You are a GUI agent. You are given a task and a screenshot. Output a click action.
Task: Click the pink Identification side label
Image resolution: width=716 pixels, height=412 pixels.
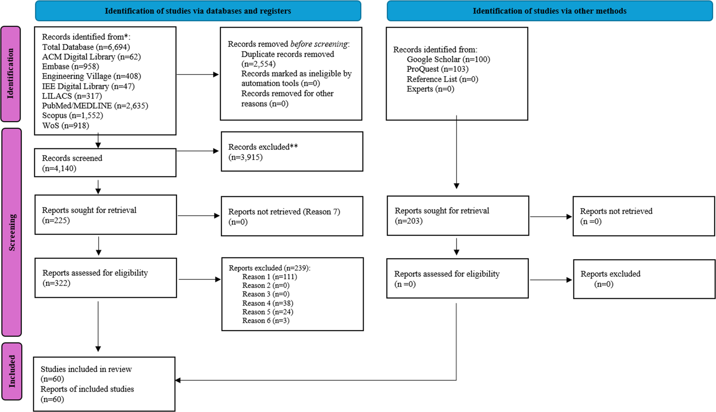[x=10, y=74]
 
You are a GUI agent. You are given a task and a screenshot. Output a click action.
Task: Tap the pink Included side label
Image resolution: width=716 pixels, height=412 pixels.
[x=12, y=371]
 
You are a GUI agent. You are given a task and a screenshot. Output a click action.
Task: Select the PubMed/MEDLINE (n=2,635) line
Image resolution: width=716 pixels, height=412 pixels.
[x=95, y=106]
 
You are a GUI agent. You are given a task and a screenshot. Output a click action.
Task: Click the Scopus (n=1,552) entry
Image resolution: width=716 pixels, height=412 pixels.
[x=72, y=115]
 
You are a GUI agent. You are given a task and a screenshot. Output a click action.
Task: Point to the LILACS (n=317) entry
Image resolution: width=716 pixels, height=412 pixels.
[x=72, y=96]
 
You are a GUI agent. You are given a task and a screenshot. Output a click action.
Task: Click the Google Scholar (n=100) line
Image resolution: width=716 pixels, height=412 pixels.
[x=448, y=59]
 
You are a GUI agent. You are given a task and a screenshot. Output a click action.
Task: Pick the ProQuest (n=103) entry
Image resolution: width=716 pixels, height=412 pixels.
[x=437, y=69]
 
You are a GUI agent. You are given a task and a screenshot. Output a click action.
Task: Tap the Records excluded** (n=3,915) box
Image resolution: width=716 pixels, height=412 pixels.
[x=292, y=152]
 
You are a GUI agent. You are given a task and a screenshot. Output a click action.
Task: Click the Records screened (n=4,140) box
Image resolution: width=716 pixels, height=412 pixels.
[x=105, y=163]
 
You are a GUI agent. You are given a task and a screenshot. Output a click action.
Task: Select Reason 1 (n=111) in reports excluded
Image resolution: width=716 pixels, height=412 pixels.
[x=270, y=277]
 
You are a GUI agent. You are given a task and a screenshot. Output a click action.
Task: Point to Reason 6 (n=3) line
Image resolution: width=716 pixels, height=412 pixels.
[x=266, y=321]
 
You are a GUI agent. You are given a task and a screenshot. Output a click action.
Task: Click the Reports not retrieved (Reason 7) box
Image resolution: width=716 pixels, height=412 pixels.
[x=292, y=216]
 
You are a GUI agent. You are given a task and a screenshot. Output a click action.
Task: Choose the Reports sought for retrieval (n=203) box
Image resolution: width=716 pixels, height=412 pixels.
[x=458, y=216]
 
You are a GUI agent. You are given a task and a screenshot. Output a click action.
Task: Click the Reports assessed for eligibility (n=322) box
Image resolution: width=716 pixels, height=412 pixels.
[x=106, y=278]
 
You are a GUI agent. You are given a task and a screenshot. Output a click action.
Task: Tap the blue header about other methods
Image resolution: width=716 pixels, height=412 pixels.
[x=550, y=11]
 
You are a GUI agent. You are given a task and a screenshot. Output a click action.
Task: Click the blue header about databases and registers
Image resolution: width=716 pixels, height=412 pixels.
[x=198, y=11]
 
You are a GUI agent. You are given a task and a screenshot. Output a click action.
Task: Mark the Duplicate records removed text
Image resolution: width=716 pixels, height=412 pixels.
[x=287, y=55]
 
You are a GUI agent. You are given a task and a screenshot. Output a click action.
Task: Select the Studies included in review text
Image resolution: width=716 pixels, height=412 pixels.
[x=86, y=369]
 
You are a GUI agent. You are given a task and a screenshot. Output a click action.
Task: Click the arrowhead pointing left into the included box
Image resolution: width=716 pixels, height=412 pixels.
[x=178, y=380]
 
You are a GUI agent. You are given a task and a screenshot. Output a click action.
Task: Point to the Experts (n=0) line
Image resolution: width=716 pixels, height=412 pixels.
[x=430, y=89]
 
